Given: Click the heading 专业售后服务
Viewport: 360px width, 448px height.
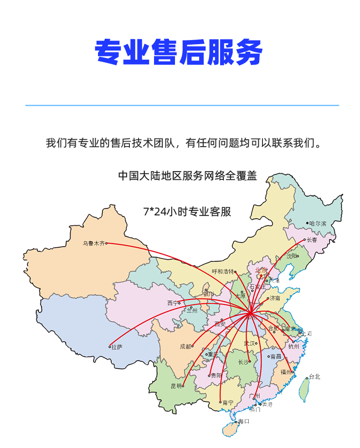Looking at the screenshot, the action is tap(179, 53).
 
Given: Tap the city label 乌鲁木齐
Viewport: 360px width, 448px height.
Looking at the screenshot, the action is tap(93, 244).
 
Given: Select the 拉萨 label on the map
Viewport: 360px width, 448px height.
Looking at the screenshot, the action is tap(117, 347).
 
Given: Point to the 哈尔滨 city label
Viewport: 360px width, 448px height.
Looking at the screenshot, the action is tap(318, 224).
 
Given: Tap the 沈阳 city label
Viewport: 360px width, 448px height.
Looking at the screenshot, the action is tap(291, 256).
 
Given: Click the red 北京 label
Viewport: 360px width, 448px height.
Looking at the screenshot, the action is tap(262, 270).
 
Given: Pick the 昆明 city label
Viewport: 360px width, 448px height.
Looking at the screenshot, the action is tap(176, 386).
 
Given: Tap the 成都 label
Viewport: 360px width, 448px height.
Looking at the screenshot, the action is tap(185, 346).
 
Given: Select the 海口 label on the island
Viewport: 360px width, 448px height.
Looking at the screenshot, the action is tap(244, 422).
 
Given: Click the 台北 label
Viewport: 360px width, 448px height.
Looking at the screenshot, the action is tap(314, 377).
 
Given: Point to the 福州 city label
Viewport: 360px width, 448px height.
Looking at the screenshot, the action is tap(286, 372).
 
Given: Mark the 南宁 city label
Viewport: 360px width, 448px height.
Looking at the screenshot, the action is tap(228, 402).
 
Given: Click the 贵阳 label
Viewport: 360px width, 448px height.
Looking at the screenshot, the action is tap(216, 376).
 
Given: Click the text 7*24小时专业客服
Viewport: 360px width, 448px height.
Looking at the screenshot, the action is tap(187, 212).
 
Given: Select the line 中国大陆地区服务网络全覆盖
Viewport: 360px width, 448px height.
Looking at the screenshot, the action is tap(187, 176).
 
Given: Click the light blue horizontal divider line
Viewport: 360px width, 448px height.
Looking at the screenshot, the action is tap(182, 106).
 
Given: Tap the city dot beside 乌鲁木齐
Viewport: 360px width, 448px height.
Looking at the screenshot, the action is tap(106, 243).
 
